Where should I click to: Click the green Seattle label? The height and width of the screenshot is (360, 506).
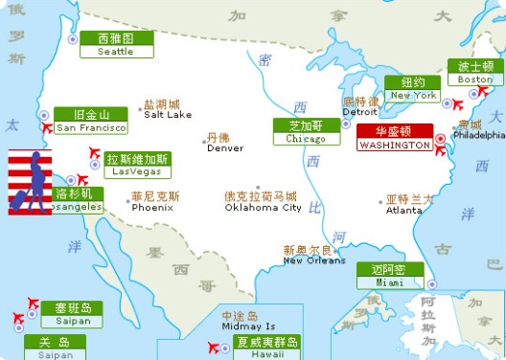(x=115, y=45)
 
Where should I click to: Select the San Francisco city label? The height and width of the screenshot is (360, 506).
(x=90, y=121)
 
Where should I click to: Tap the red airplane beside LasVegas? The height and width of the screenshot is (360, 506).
(x=94, y=153)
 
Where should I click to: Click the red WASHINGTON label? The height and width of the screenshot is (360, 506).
(x=395, y=139)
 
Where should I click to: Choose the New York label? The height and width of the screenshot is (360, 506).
(x=412, y=89)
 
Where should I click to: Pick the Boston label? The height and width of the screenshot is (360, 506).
(x=474, y=73)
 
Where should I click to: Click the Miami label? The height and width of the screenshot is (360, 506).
(x=389, y=276)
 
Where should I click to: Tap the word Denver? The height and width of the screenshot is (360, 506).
(x=225, y=148)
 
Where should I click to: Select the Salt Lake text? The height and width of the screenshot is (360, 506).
(x=168, y=114)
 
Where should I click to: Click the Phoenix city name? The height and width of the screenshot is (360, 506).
(x=152, y=207)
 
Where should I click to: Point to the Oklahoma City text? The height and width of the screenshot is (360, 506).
(x=263, y=207)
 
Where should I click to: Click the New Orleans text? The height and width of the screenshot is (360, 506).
(x=313, y=260)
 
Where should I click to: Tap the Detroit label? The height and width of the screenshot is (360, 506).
(x=360, y=111)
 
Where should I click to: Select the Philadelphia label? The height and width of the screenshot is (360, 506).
(x=479, y=135)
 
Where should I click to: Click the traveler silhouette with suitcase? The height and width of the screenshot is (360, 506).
(x=30, y=182)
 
